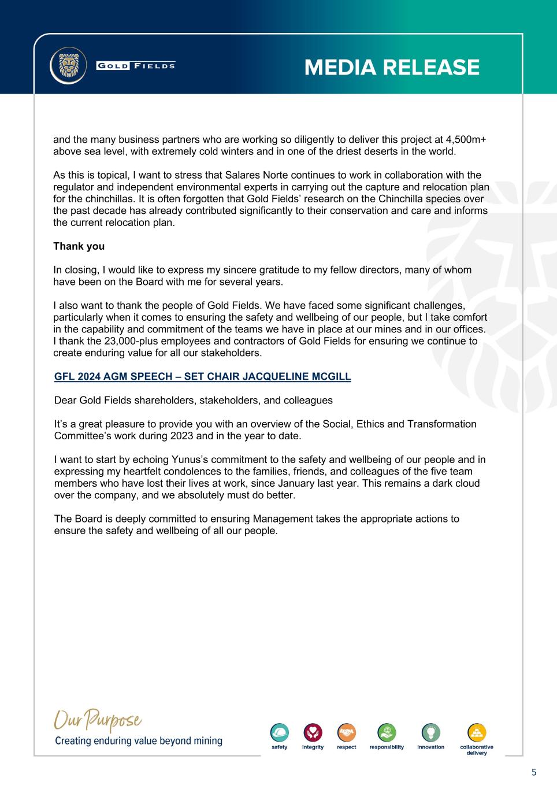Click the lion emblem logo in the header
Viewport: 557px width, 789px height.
[x=68, y=66]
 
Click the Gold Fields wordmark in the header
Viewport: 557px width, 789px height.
[x=136, y=66]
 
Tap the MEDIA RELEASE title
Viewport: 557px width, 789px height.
[x=392, y=68]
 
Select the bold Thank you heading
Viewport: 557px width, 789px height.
[x=79, y=246]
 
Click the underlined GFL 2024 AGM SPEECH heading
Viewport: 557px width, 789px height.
[x=203, y=377]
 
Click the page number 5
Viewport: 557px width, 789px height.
[x=534, y=772]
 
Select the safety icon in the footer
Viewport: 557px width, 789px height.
[x=280, y=733]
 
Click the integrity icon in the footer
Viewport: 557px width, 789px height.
[x=313, y=733]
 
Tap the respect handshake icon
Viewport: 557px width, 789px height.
[x=346, y=733]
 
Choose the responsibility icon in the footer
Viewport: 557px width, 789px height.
[x=387, y=733]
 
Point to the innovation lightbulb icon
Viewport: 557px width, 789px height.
[x=431, y=733]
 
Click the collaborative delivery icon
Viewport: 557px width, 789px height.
[x=477, y=733]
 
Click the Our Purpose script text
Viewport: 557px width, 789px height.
[x=98, y=721]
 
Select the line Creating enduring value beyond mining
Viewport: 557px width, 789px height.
[x=139, y=741]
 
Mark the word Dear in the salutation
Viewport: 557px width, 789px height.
[x=65, y=401]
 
